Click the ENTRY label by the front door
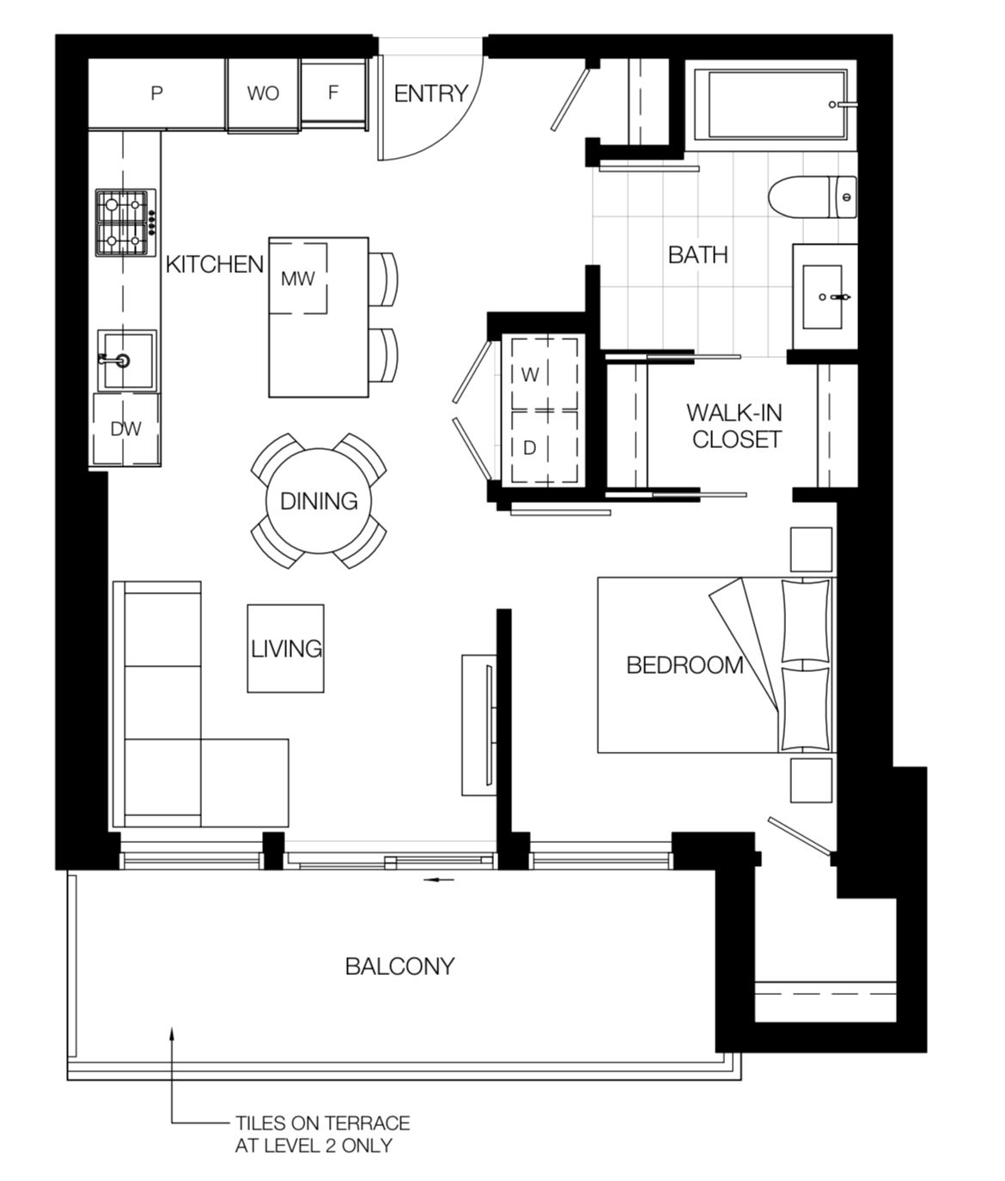coord(431,94)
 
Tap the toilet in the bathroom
coord(813,197)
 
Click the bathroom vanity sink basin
coord(823,296)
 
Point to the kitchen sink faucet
coord(115,360)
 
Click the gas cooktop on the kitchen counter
coord(125,222)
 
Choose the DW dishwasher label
coord(125,428)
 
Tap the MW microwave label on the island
coord(298,279)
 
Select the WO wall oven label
coord(263,94)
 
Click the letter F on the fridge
coord(333,92)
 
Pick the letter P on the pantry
coord(156,94)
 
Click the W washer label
coord(530,375)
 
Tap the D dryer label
coord(530,449)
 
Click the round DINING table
coord(319,501)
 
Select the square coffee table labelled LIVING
coord(286,649)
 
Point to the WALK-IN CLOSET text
coord(735,426)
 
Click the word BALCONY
coord(400,966)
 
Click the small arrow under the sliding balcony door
coord(438,880)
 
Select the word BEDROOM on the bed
coord(685,665)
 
